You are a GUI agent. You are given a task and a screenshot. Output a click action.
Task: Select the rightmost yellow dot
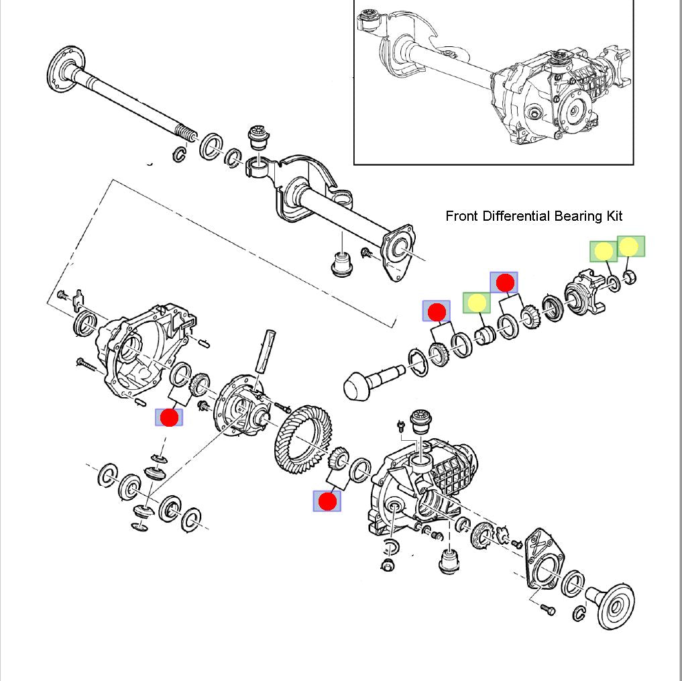[x=630, y=247]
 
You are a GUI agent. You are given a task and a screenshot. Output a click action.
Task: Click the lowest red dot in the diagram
[x=327, y=501]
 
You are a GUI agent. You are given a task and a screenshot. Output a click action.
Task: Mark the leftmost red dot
[x=169, y=417]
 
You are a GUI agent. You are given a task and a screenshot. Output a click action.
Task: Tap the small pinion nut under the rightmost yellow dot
[x=630, y=276]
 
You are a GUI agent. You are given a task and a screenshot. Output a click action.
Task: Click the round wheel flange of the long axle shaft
[x=64, y=66]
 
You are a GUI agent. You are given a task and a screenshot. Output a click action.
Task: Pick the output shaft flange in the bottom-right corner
[x=614, y=603]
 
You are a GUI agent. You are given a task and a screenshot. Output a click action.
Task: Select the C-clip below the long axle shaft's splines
[x=179, y=154]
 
